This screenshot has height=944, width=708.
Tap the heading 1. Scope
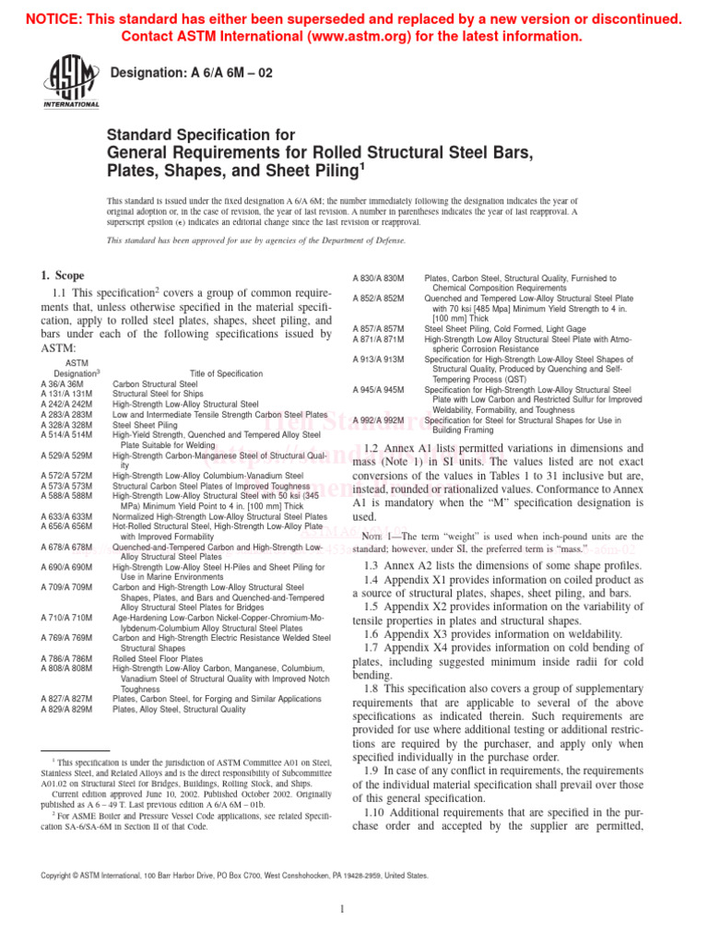pos(63,276)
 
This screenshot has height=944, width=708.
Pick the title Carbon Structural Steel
pos(155,383)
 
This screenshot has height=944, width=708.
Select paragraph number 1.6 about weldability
pos(373,634)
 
